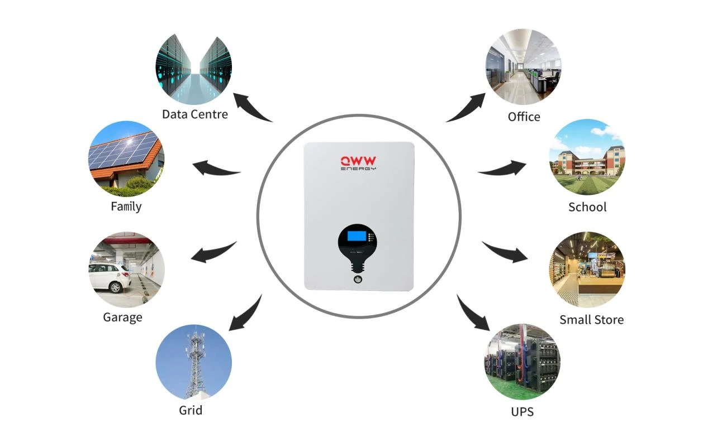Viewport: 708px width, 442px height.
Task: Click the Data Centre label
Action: coord(194,114)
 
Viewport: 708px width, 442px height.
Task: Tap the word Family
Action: coord(126,207)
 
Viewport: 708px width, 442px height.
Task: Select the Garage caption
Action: coord(122,318)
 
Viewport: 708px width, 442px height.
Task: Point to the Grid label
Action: coord(191,410)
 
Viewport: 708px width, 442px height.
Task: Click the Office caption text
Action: coord(524,117)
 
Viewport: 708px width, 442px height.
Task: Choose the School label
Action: coord(587,207)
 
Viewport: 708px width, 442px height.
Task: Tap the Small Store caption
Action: coord(592,320)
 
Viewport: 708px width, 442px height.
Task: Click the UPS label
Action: coord(522,412)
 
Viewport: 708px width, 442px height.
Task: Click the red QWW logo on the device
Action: coord(358,161)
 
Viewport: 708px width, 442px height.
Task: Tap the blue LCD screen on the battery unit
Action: coord(357,236)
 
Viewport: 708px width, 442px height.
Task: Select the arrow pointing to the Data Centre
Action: coord(250,107)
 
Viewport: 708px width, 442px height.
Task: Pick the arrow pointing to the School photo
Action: coord(503,169)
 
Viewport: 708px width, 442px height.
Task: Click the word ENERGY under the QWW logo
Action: coord(358,169)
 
